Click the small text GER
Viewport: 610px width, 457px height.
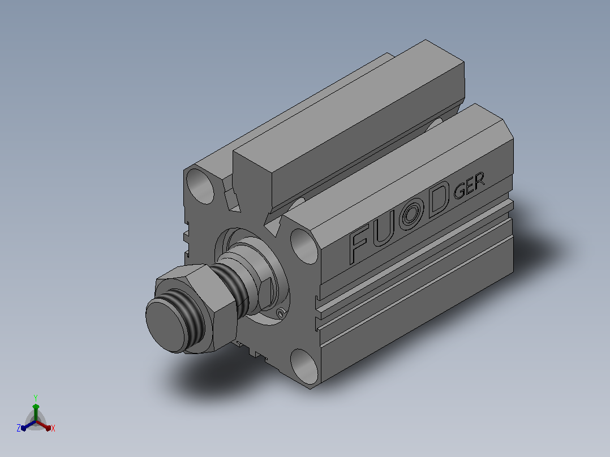(x=469, y=186)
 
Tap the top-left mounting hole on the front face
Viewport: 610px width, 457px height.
(x=200, y=186)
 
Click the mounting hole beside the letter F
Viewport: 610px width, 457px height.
(x=304, y=246)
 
